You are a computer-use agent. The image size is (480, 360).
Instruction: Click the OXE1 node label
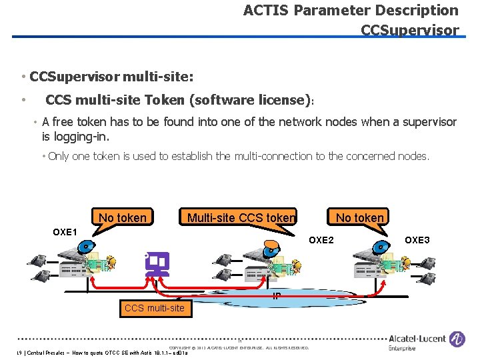pos(65,231)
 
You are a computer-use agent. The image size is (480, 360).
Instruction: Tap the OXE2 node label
pos(321,240)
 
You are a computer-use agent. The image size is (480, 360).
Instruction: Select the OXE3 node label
pos(417,240)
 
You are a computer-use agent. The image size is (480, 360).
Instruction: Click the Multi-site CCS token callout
pos(241,217)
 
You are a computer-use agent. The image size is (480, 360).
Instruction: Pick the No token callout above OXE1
pos(123,217)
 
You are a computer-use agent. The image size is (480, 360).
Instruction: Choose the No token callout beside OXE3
pos(360,217)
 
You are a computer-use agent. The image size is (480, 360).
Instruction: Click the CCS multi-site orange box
pos(154,308)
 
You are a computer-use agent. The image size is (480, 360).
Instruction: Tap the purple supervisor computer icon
pos(157,264)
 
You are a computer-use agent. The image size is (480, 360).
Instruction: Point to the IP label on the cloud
pos(276,296)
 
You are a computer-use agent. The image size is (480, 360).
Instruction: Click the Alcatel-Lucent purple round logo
pos(457,339)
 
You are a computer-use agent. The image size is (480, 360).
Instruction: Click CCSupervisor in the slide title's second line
pos(409,31)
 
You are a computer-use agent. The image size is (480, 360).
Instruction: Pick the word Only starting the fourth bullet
pos(59,157)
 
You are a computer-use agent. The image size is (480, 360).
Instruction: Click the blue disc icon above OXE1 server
pos(85,246)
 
